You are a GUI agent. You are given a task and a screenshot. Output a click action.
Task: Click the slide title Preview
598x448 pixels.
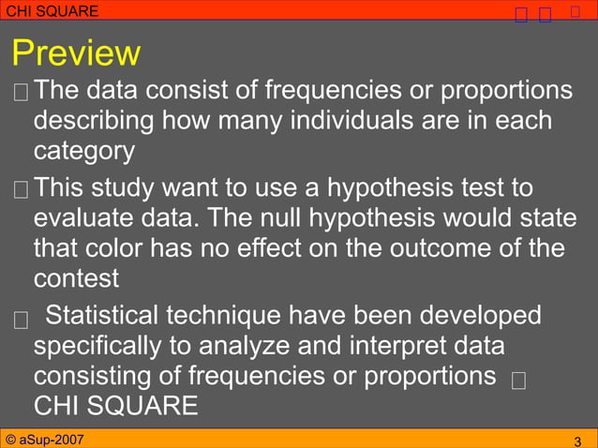pyautogui.click(x=76, y=52)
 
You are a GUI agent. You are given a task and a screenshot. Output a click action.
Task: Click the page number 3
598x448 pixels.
pyautogui.click(x=577, y=441)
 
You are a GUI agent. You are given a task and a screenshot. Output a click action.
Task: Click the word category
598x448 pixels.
pyautogui.click(x=84, y=152)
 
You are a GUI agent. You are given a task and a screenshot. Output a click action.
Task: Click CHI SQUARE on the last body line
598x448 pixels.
pyautogui.click(x=115, y=406)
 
